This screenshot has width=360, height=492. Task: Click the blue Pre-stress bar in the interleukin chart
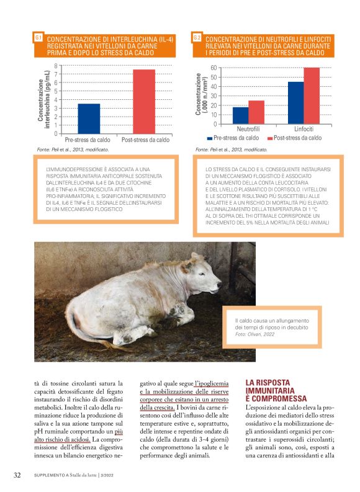[x=89, y=118]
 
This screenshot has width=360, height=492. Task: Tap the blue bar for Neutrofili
[x=240, y=115]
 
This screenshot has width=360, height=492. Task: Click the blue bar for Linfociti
[x=295, y=103]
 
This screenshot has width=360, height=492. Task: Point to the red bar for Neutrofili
[x=256, y=112]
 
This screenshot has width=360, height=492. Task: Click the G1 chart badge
[x=38, y=38]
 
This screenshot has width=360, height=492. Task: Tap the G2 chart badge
[x=197, y=38]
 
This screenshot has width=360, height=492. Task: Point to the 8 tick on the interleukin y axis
[x=56, y=66]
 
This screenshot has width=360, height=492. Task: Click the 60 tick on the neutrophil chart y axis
[x=213, y=68]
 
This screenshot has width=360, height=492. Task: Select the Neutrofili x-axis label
[x=248, y=128]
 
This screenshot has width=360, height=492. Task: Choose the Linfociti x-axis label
[x=304, y=128]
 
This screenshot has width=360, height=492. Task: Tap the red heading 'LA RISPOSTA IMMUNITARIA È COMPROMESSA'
[x=276, y=391]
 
